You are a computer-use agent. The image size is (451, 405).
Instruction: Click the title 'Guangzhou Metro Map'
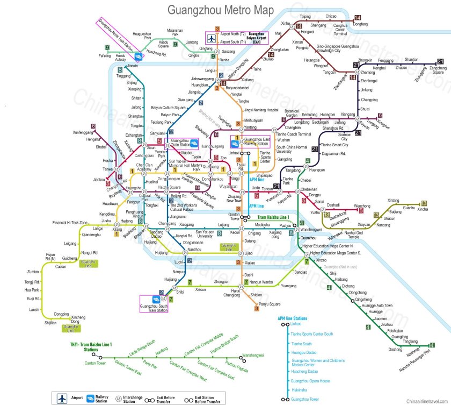tap(221, 10)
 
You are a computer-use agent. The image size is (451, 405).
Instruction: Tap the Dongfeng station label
tap(360, 24)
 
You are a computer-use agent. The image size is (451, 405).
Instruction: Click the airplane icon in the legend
tap(63, 398)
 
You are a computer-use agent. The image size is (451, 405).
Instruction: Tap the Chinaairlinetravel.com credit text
tap(426, 401)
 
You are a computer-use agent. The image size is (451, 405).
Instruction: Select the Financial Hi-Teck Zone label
tap(70, 223)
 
